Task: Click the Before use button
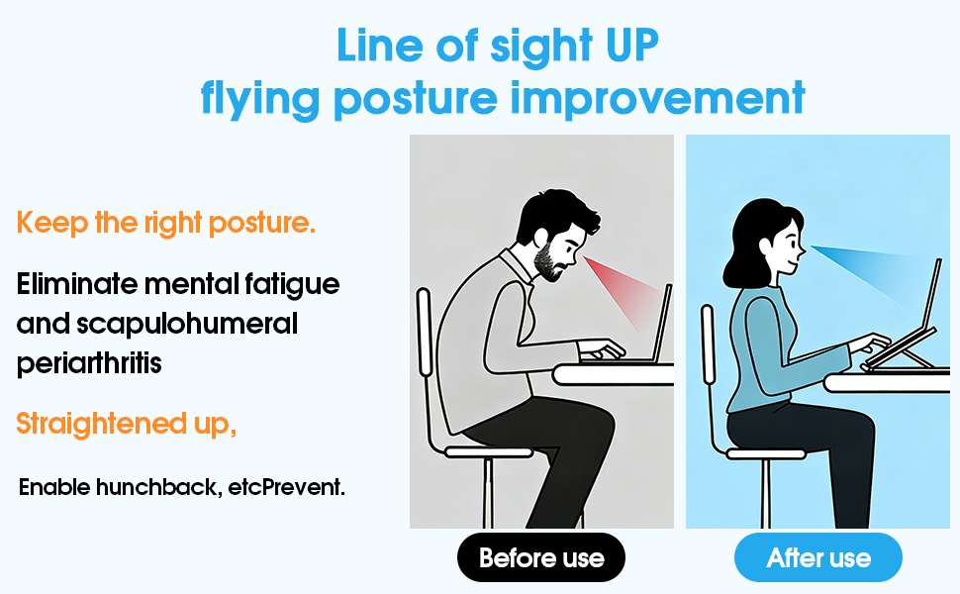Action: [541, 557]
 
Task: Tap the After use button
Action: [818, 557]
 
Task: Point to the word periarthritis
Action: [89, 363]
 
